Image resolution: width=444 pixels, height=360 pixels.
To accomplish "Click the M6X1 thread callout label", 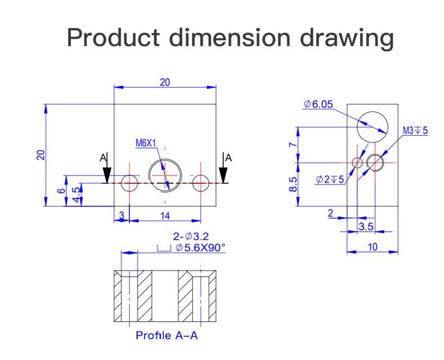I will [x=146, y=143].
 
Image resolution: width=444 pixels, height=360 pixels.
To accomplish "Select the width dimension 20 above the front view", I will [x=165, y=82].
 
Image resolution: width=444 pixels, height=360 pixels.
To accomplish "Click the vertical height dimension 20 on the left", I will [x=40, y=155].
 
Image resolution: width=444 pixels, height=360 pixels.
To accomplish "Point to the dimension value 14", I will [x=165, y=215].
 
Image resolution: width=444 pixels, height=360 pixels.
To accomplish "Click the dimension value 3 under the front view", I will [x=121, y=215].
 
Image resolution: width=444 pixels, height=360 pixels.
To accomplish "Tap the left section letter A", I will [x=103, y=158].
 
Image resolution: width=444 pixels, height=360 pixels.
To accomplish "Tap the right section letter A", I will [x=228, y=158].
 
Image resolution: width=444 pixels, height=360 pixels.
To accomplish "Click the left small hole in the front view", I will [x=129, y=183].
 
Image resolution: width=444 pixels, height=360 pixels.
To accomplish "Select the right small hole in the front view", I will [x=201, y=183].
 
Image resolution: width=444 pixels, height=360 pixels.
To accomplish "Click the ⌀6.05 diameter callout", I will [x=319, y=104].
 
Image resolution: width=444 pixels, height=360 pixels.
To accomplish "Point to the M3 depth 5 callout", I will [x=415, y=130].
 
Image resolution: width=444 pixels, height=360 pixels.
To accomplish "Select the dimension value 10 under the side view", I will [x=373, y=246].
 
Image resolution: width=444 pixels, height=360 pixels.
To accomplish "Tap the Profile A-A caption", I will [x=167, y=336].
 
